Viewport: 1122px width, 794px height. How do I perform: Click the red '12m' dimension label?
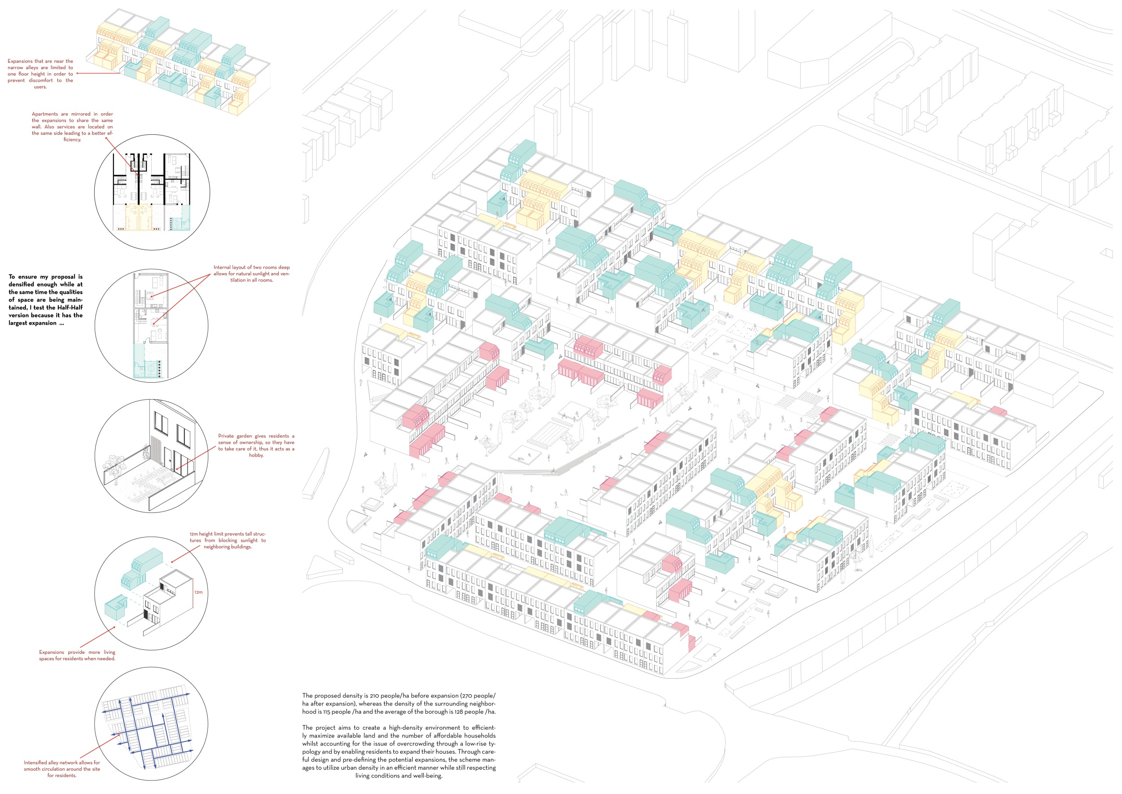click(198, 592)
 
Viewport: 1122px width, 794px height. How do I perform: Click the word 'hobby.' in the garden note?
click(257, 455)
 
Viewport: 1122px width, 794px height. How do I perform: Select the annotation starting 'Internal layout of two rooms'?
click(252, 274)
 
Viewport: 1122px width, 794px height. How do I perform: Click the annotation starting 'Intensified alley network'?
click(62, 769)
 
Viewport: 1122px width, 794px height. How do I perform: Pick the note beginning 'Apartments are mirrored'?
click(72, 127)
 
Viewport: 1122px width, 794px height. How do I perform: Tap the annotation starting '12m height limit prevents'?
click(228, 540)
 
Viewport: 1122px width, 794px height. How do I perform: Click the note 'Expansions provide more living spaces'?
click(77, 655)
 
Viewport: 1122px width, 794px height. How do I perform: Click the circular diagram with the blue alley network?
click(152, 724)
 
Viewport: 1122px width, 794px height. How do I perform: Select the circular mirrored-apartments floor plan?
click(152, 192)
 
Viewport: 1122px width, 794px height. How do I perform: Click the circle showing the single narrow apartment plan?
click(152, 325)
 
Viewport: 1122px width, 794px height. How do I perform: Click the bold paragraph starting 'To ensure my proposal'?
click(45, 300)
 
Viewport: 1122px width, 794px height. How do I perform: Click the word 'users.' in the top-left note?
click(40, 87)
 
